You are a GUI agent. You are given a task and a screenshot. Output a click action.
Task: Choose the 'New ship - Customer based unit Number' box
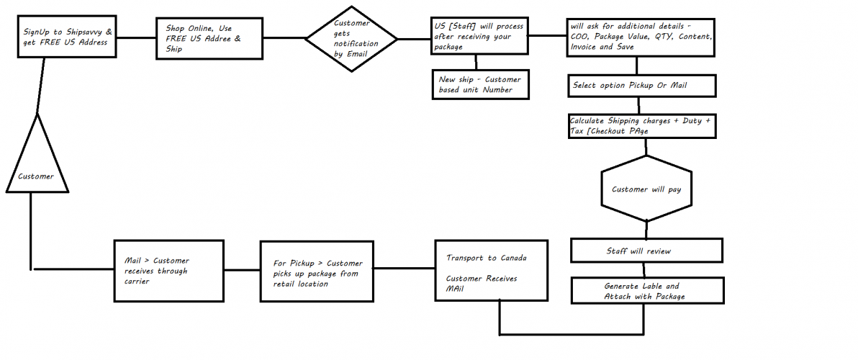[x=481, y=84]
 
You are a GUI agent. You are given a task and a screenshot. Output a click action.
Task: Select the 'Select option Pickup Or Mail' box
[x=641, y=86]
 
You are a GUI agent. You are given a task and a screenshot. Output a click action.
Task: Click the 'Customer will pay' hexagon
[x=646, y=189]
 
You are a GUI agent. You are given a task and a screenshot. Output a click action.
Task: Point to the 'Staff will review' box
[x=646, y=251]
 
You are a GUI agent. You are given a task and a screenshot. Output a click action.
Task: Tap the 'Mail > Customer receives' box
[x=168, y=271]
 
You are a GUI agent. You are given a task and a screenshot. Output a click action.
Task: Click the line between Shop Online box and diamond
[x=284, y=37]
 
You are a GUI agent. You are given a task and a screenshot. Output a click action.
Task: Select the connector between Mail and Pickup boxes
[x=242, y=271]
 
